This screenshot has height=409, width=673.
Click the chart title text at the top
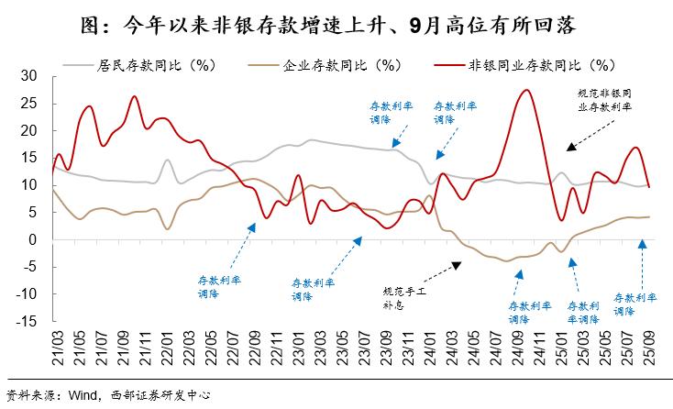[x=336, y=20]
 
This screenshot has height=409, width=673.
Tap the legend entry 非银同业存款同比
[x=541, y=65]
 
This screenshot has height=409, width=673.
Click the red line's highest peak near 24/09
[x=524, y=90]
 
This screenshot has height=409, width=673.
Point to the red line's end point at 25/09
[x=649, y=186]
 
